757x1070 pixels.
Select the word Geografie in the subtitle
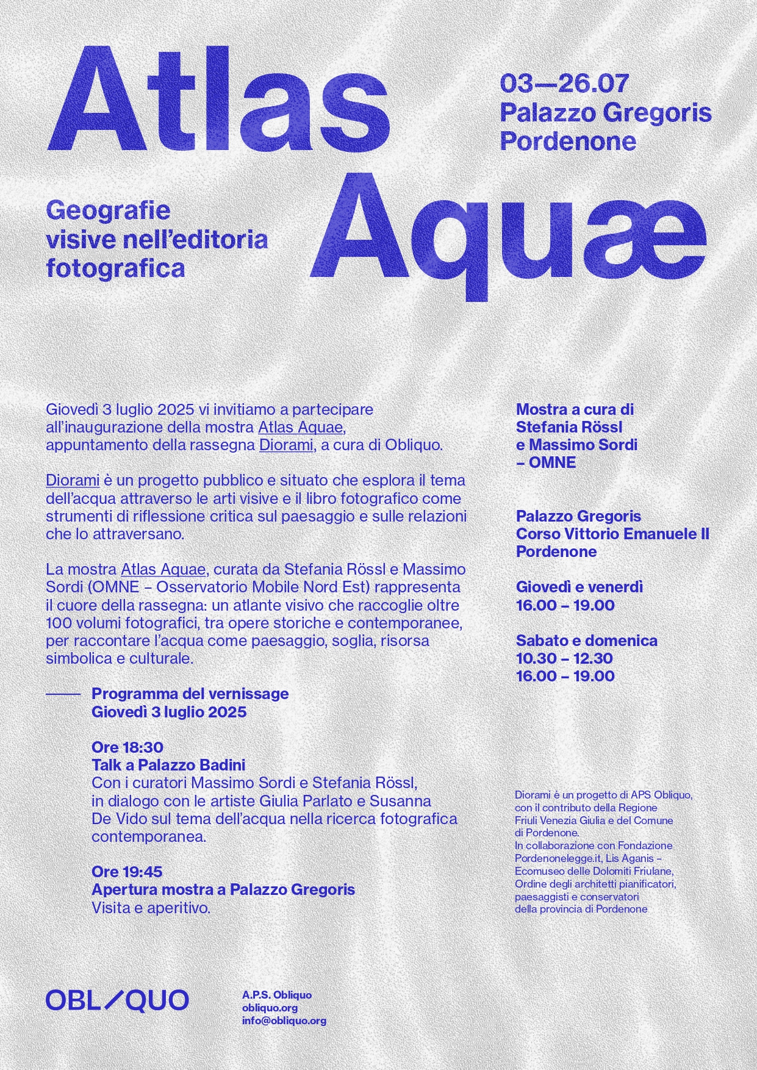click(x=108, y=211)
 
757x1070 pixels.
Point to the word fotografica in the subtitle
click(x=115, y=268)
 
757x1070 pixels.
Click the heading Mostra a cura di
click(x=575, y=409)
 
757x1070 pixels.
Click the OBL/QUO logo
click(x=117, y=1001)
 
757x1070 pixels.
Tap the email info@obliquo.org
click(x=284, y=1021)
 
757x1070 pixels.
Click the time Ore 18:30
click(x=127, y=747)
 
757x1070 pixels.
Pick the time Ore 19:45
click(x=127, y=872)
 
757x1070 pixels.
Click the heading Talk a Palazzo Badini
click(x=168, y=765)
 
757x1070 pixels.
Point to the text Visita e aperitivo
click(x=151, y=908)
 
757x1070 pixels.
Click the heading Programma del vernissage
click(x=190, y=694)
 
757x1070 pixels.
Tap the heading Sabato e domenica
click(x=586, y=641)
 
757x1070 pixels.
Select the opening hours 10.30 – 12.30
click(x=564, y=658)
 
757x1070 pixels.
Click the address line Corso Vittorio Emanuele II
click(x=612, y=534)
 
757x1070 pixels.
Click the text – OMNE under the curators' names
click(x=545, y=462)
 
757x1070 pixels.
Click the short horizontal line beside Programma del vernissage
click(x=63, y=694)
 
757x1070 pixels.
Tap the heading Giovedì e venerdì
click(x=579, y=587)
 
